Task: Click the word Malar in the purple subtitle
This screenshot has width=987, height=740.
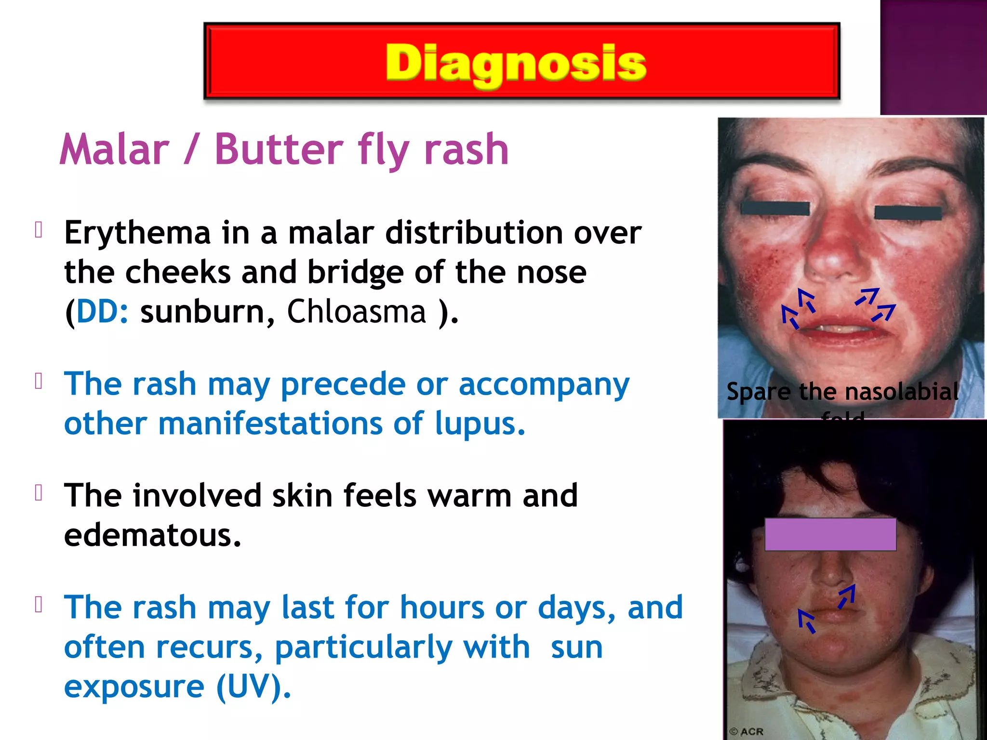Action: (x=115, y=150)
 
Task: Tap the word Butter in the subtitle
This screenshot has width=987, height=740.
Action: (x=279, y=150)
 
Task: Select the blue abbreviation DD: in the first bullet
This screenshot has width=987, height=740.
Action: (x=102, y=312)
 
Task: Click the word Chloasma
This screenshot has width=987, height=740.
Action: (x=357, y=312)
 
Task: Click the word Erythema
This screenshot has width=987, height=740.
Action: (x=137, y=233)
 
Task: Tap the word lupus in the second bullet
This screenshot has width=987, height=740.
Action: (x=480, y=424)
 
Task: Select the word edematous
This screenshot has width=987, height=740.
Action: (x=152, y=536)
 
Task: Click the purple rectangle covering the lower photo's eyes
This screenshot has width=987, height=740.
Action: (x=830, y=534)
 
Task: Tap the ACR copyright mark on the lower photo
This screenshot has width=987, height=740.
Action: (x=747, y=731)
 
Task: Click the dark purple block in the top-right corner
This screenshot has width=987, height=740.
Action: (x=933, y=57)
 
